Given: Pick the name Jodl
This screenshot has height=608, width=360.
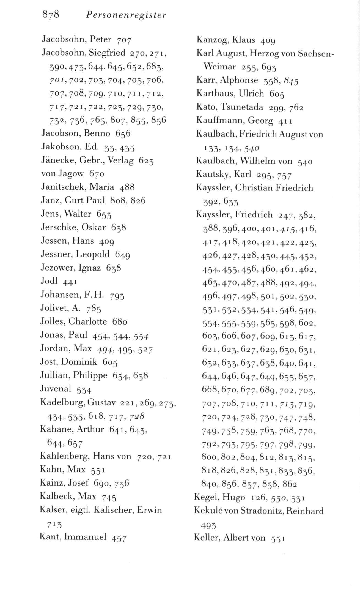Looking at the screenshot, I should [x=49, y=281].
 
